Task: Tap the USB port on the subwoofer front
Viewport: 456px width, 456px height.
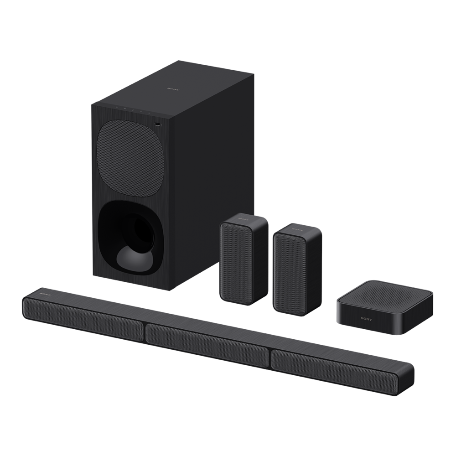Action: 157,124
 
